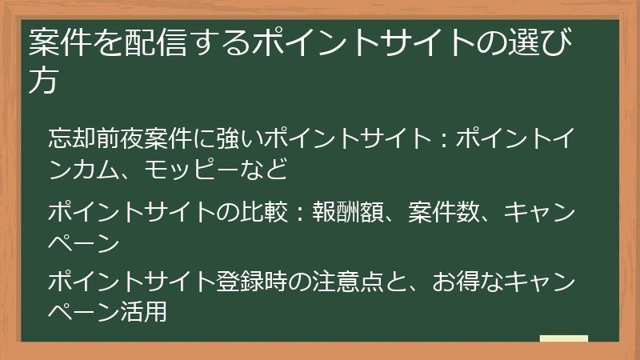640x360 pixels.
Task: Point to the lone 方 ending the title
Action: point(43,82)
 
